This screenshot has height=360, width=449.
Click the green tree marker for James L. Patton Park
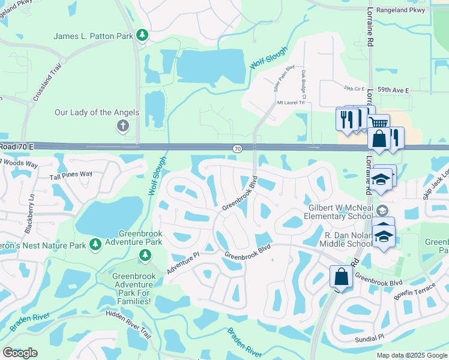tap(142, 36)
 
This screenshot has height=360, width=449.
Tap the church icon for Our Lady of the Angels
tap(122, 125)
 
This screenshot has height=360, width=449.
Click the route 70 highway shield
tap(238, 148)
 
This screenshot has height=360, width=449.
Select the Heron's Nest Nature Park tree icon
tap(95, 244)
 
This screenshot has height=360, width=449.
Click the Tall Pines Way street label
tap(71, 175)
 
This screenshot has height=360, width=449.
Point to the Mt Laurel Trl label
tap(291, 103)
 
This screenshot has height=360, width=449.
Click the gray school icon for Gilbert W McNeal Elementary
tap(382, 210)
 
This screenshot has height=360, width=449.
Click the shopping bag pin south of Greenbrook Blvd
tap(341, 277)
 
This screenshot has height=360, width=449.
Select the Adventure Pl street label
tap(183, 264)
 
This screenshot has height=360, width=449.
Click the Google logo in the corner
tap(20, 353)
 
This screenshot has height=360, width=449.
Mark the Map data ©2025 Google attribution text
tap(411, 355)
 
